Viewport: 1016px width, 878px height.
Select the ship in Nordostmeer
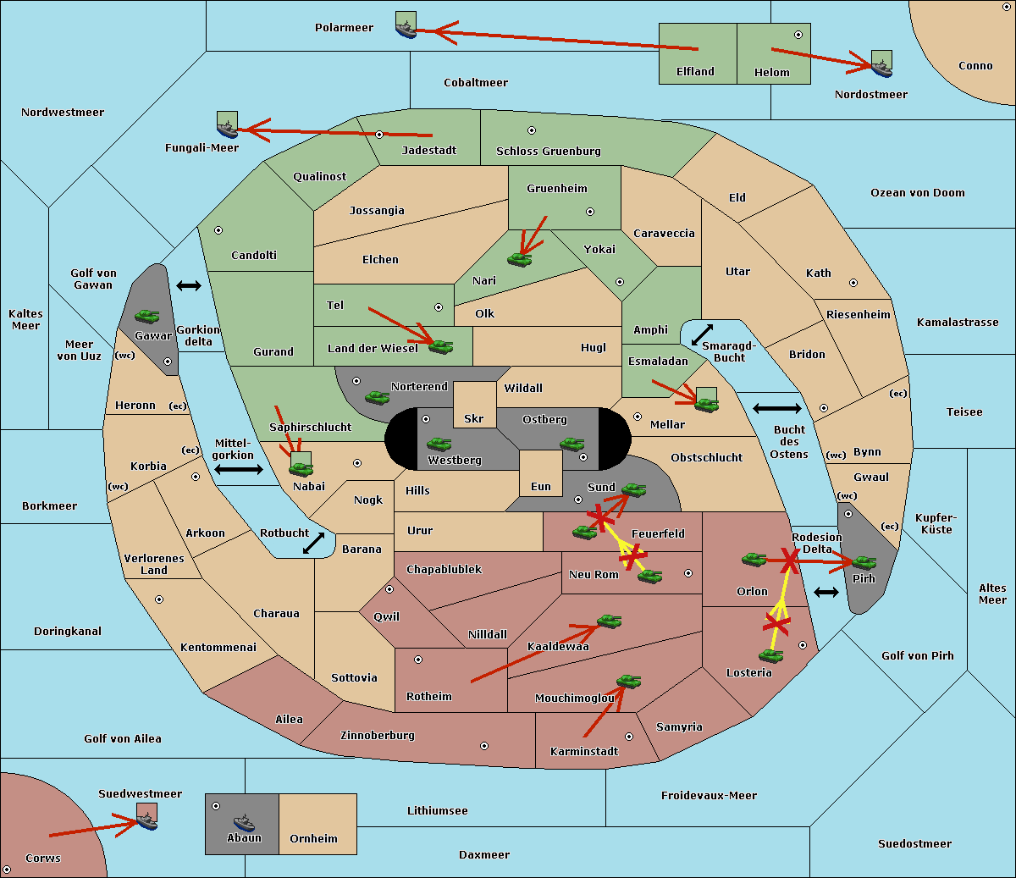881,69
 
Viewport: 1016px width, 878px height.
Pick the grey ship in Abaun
244,822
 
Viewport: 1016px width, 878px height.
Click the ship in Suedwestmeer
147,822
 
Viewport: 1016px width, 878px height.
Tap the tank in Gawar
147,316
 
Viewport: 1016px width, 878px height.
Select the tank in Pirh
864,562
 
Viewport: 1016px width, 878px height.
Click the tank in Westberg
439,445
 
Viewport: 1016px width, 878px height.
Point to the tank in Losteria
770,656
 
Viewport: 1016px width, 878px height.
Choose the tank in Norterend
377,398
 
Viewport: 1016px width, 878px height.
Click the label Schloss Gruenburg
549,151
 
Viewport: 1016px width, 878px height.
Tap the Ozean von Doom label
918,193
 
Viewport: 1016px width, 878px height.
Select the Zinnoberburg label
378,736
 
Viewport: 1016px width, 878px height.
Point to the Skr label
474,418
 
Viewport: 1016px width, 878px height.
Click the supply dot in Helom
798,35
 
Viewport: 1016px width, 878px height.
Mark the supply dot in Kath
853,283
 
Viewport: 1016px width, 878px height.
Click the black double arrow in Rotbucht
313,544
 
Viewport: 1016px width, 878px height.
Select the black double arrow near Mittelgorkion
239,470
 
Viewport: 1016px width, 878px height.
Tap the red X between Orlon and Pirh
789,560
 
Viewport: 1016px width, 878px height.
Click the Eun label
541,486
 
